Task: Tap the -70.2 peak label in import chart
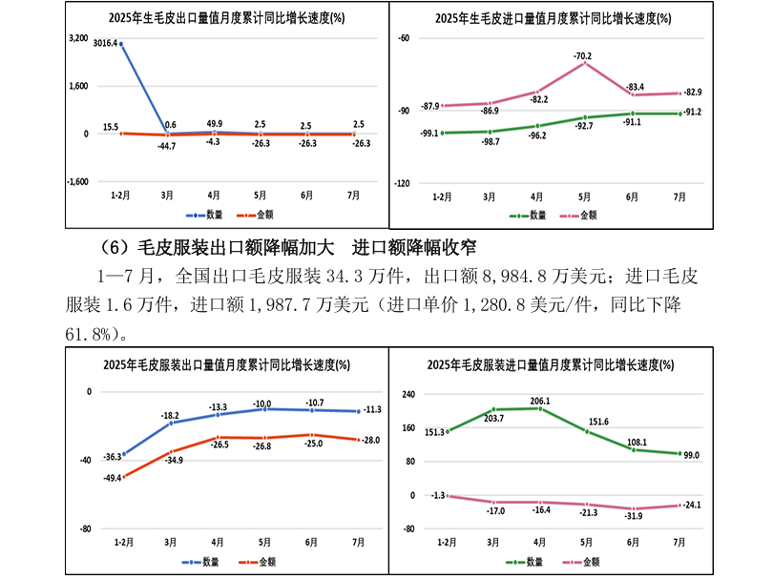(582, 56)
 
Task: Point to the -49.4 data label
(112, 477)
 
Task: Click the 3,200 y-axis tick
(79, 39)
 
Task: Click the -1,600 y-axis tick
(77, 181)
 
